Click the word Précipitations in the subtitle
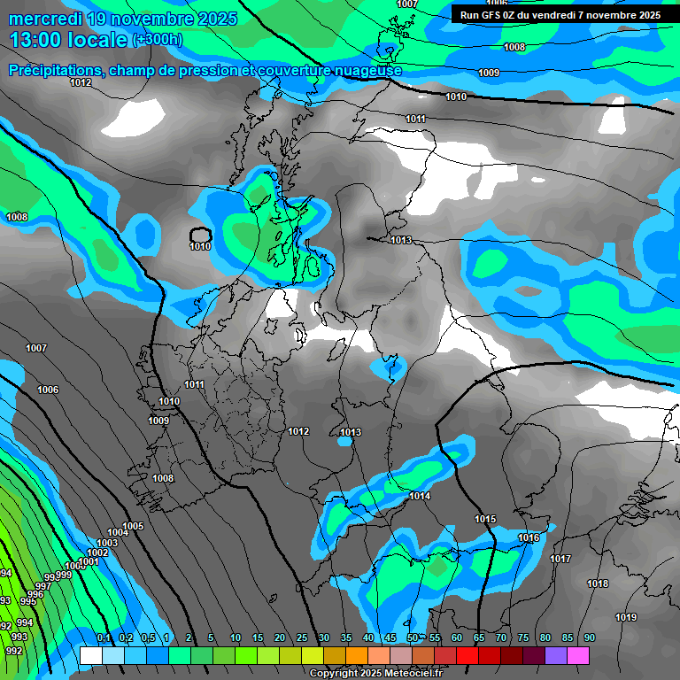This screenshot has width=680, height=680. (x=54, y=70)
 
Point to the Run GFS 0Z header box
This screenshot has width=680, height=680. (x=560, y=14)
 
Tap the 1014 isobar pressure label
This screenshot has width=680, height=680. (x=420, y=496)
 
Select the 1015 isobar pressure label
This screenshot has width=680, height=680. (x=485, y=519)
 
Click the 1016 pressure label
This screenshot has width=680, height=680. (x=529, y=537)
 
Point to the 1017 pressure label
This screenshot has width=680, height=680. (x=560, y=559)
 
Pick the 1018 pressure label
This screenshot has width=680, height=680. (x=598, y=583)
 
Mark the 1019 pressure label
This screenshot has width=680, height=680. (x=626, y=617)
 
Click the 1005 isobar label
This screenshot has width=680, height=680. (x=133, y=526)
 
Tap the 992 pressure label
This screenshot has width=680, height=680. (x=14, y=650)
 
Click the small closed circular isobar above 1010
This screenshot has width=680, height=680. (x=200, y=235)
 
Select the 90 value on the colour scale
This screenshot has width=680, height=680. (x=589, y=637)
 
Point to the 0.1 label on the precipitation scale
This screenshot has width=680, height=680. (x=104, y=637)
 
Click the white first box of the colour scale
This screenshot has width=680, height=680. (x=90, y=655)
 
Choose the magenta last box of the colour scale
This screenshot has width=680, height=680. (x=578, y=655)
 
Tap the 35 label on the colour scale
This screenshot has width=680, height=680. (x=346, y=637)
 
